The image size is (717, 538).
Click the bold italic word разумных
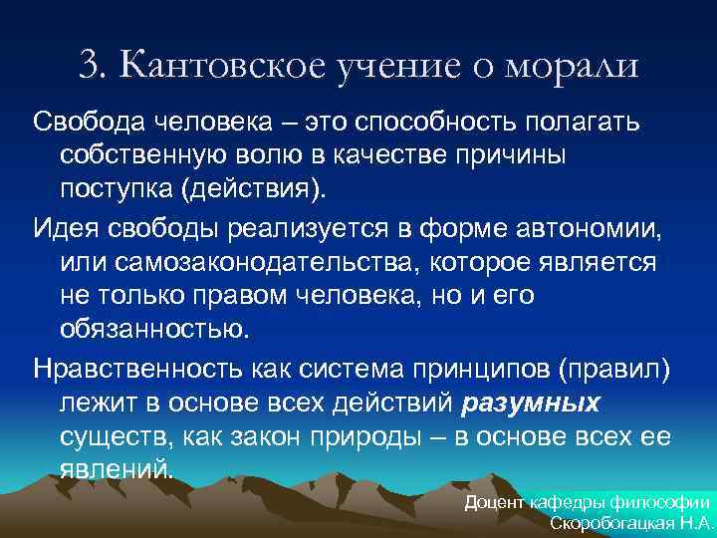pyautogui.click(x=532, y=402)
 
